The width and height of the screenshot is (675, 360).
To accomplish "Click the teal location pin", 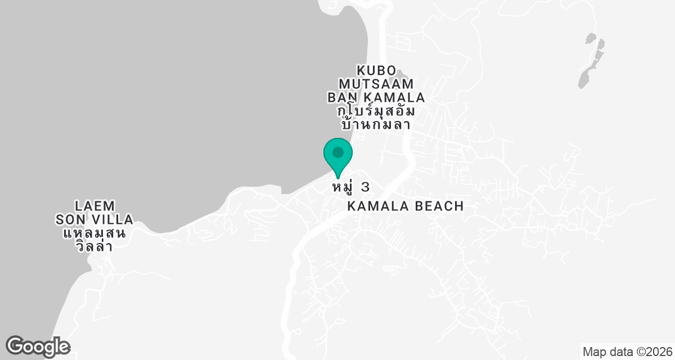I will [x=338, y=155].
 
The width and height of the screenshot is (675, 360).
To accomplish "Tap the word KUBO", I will [x=376, y=71].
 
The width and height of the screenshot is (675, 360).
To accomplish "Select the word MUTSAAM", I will [x=376, y=84].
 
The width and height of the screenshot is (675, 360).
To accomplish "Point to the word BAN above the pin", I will [x=340, y=98].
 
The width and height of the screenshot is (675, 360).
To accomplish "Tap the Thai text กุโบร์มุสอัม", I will [x=376, y=111].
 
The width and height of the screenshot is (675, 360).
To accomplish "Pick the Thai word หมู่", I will [x=343, y=187].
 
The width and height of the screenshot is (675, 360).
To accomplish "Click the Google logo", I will [x=38, y=345].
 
